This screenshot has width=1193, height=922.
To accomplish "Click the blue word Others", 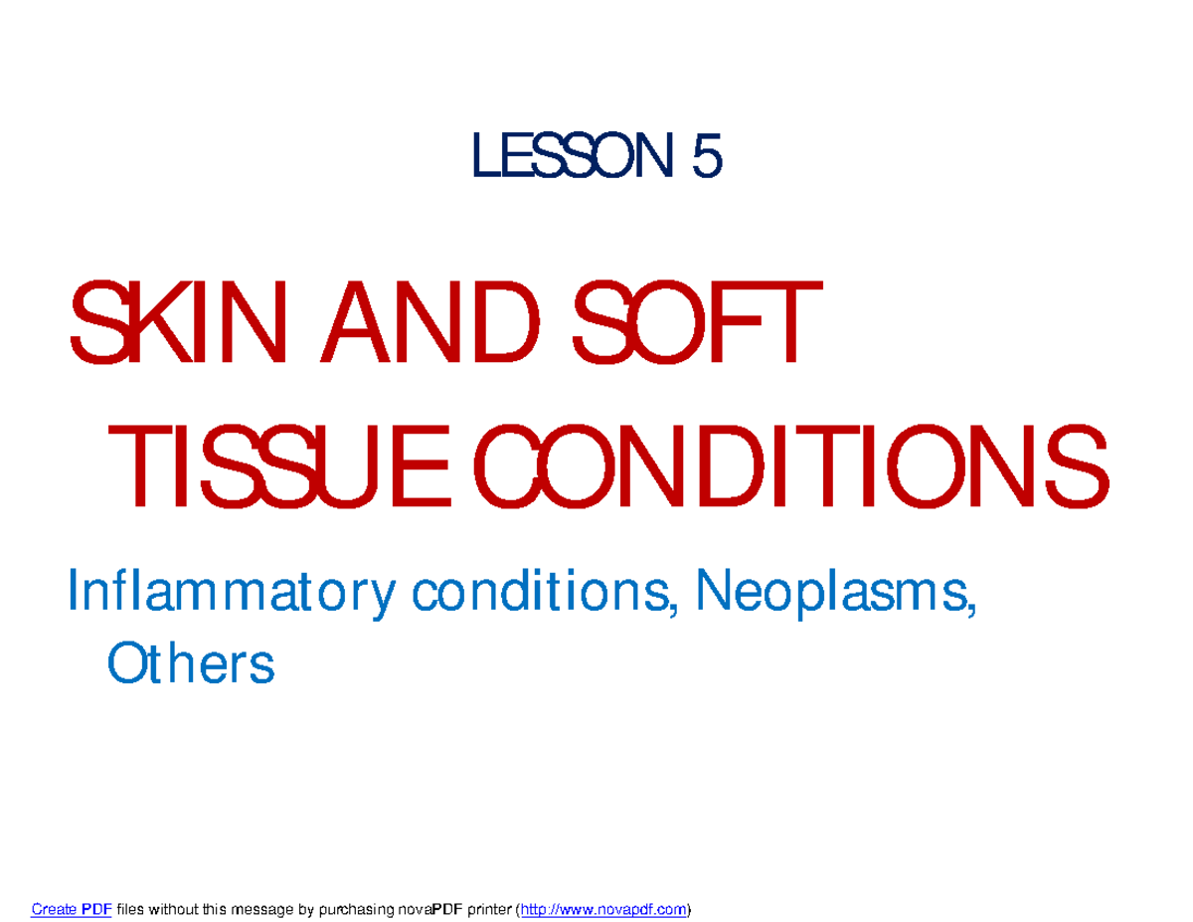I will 190,663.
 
